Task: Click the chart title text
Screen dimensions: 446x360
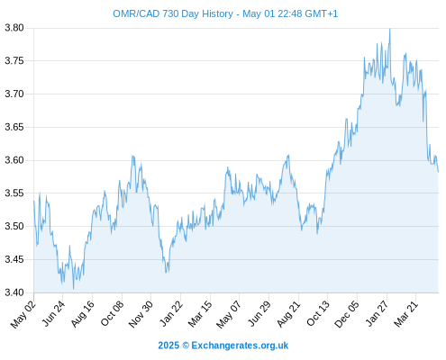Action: (225, 13)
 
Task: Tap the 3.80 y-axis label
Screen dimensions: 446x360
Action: (14, 28)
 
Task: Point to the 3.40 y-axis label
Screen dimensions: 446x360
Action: (14, 292)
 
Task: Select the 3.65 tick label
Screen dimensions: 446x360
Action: (14, 127)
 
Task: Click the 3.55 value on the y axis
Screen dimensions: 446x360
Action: (14, 193)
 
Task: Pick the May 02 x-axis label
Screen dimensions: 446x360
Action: (23, 315)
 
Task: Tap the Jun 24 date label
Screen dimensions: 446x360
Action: (53, 314)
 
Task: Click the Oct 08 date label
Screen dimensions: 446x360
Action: (112, 314)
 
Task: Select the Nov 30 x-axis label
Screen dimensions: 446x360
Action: (141, 314)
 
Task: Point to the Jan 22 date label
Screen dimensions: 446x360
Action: (171, 314)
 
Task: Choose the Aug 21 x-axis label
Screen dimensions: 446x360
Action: (288, 314)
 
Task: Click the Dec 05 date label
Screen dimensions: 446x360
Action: (347, 314)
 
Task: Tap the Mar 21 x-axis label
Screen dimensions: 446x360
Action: (405, 314)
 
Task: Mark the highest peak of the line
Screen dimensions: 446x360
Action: (390, 29)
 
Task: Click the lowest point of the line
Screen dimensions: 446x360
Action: (73, 289)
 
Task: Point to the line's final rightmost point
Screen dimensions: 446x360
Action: (438, 172)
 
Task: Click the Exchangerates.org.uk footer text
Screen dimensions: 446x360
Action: (240, 346)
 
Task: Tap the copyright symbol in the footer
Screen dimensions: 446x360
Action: (186, 346)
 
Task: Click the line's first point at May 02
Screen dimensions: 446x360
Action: (34, 201)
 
